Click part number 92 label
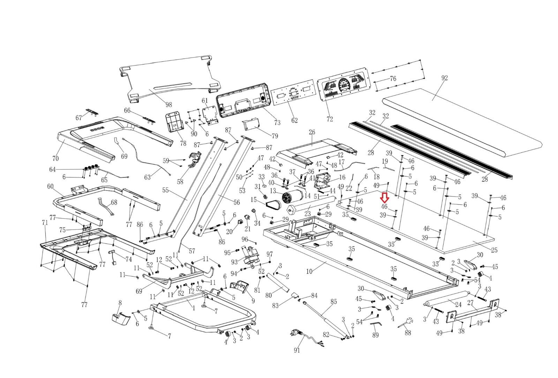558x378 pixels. coord(444,78)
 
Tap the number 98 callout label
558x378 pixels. coord(169,104)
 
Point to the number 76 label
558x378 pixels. coord(393,79)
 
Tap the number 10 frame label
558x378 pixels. coord(309,271)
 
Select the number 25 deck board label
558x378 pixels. coord(494,250)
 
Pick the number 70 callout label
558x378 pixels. coord(55,158)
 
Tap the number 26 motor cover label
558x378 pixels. coord(312,132)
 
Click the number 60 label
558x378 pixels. coord(50,186)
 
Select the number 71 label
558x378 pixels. coord(45,222)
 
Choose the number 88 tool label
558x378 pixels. coord(408,333)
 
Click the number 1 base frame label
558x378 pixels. coord(194,308)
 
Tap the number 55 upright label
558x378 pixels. coord(165,190)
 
